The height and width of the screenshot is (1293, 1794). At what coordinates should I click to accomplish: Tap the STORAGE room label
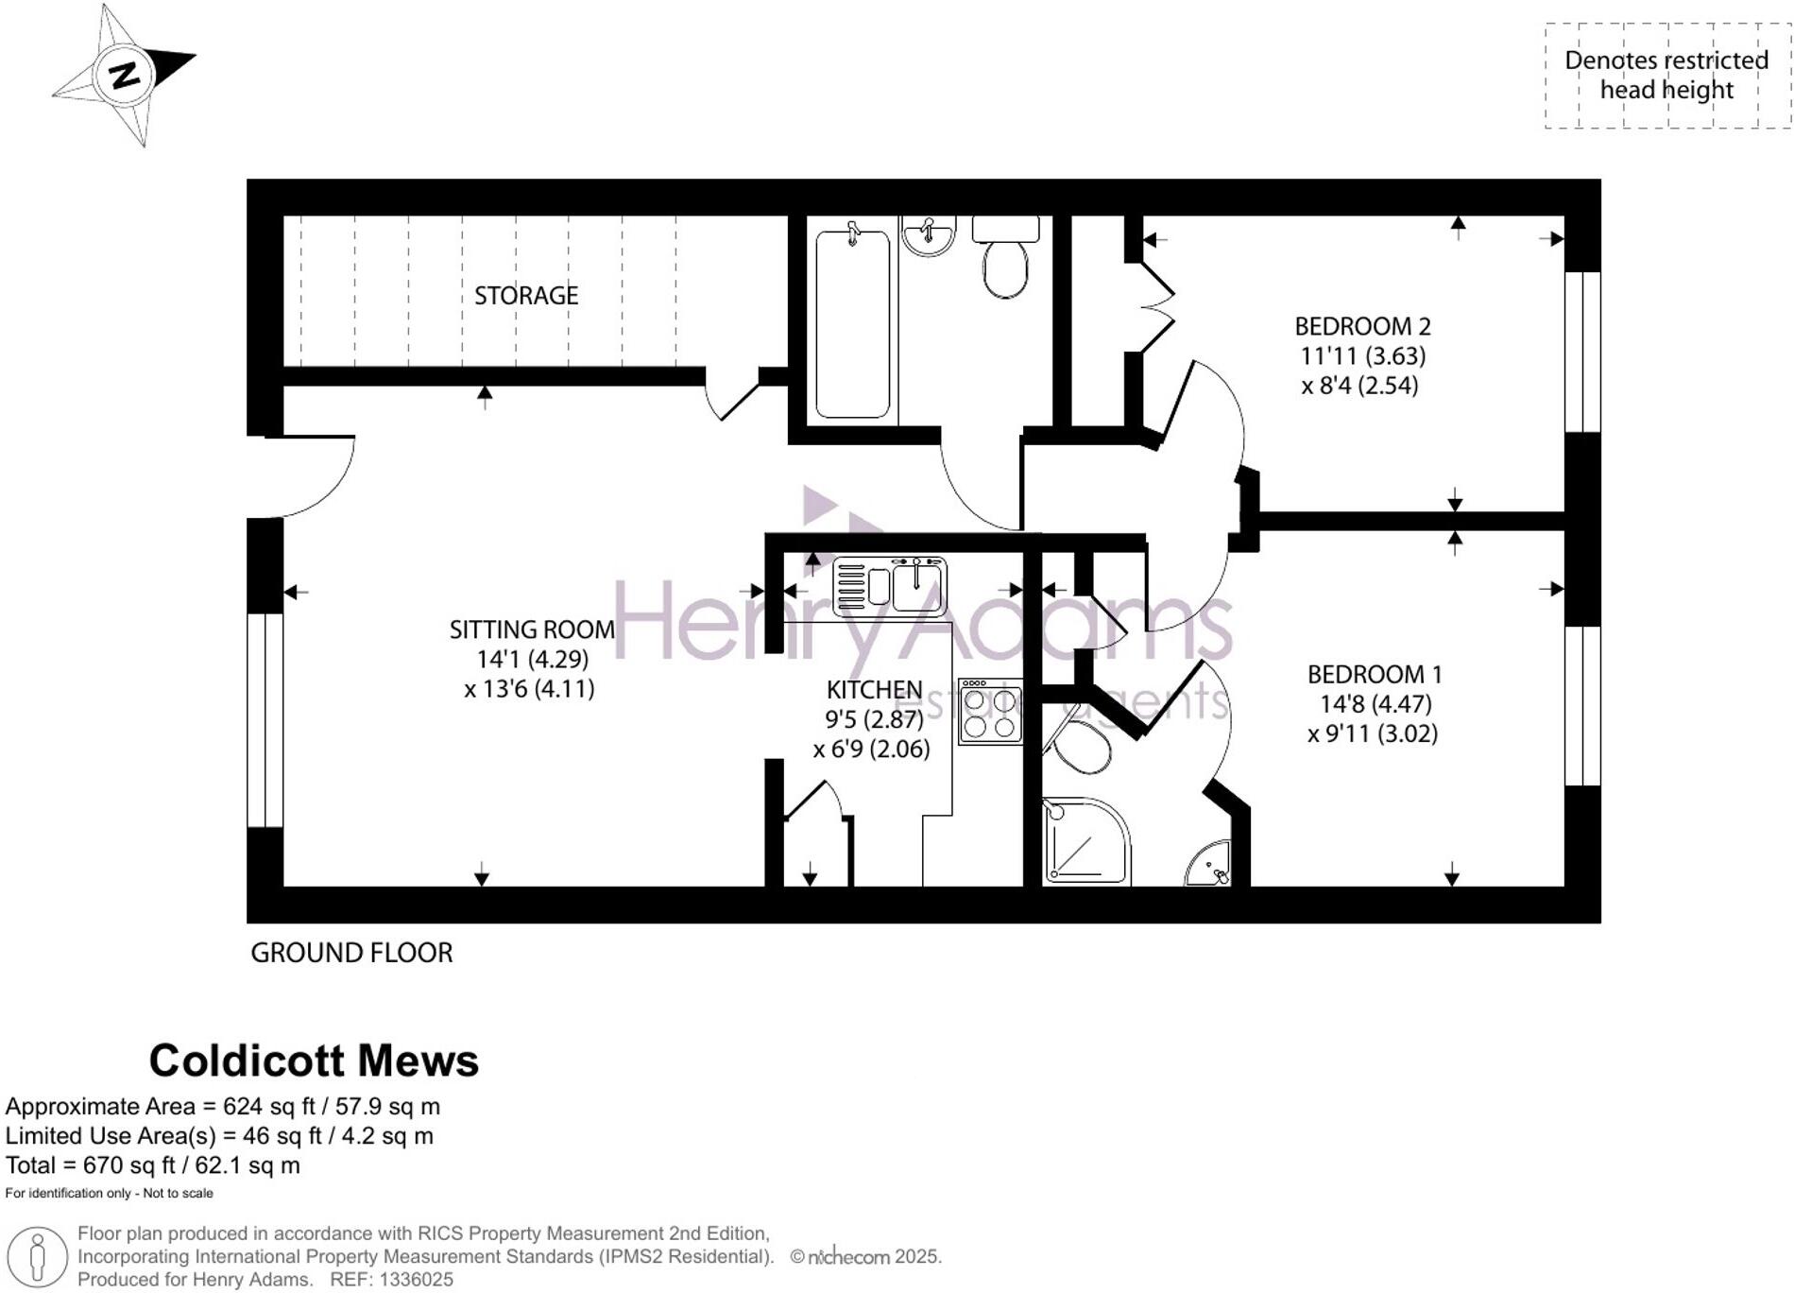(x=525, y=296)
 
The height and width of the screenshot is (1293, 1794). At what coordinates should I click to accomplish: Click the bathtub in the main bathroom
(x=852, y=323)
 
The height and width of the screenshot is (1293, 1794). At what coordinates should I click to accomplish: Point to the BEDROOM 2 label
(x=1362, y=327)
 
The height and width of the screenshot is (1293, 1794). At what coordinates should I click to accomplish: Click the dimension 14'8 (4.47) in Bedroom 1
(x=1375, y=704)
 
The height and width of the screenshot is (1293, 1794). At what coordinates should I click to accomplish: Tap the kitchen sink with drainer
(x=889, y=586)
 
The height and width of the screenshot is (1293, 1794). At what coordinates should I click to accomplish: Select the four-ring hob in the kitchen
(x=989, y=712)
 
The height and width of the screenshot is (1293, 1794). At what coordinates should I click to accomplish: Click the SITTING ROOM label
(x=532, y=629)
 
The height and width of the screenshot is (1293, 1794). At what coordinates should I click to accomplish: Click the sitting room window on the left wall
(x=265, y=720)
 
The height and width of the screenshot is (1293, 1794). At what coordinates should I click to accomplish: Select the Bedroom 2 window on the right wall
(x=1582, y=352)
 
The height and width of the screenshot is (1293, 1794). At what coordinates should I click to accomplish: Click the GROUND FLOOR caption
(x=351, y=953)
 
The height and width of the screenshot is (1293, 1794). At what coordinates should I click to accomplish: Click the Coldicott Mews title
(x=314, y=1060)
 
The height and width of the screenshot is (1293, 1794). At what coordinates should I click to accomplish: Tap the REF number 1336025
(x=416, y=1280)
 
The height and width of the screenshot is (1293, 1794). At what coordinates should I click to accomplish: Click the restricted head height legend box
(x=1666, y=76)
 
